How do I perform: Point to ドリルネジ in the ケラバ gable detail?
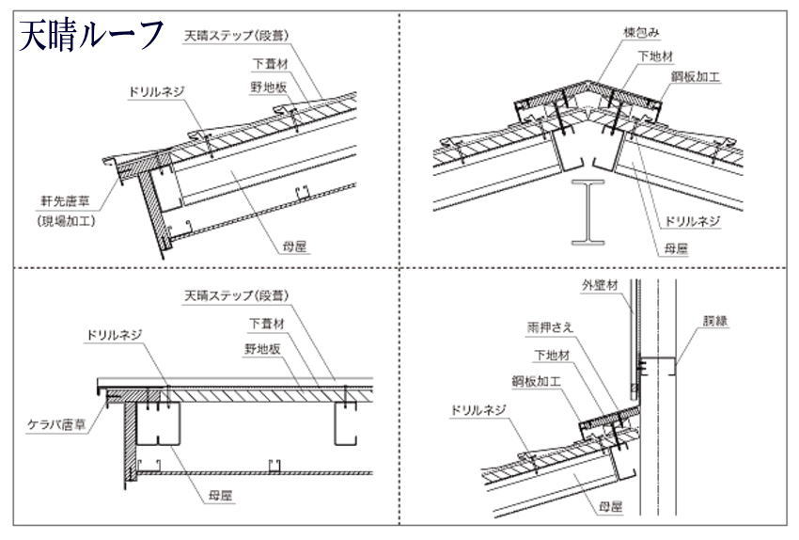click(114, 335)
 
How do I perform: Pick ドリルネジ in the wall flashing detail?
click(478, 411)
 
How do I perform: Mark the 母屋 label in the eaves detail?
click(296, 246)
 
